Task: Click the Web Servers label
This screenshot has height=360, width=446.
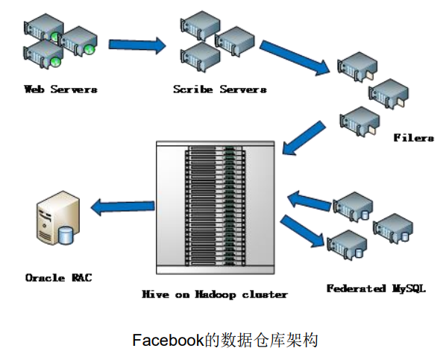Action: tap(60, 89)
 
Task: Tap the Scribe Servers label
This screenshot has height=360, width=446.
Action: tap(219, 89)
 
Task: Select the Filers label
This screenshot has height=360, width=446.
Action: tap(414, 138)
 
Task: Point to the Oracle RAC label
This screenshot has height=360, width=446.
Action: tap(58, 277)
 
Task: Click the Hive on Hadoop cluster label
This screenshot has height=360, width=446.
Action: tap(215, 294)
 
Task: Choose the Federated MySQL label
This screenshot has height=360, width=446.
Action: tap(376, 288)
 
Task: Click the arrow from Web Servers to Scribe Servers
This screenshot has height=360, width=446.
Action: tap(137, 45)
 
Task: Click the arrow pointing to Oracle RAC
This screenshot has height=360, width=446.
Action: tap(119, 205)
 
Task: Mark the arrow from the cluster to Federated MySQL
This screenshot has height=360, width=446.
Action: tap(304, 230)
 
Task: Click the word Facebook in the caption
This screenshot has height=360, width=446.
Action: tap(168, 341)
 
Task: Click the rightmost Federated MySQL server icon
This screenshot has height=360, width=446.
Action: tap(392, 228)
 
